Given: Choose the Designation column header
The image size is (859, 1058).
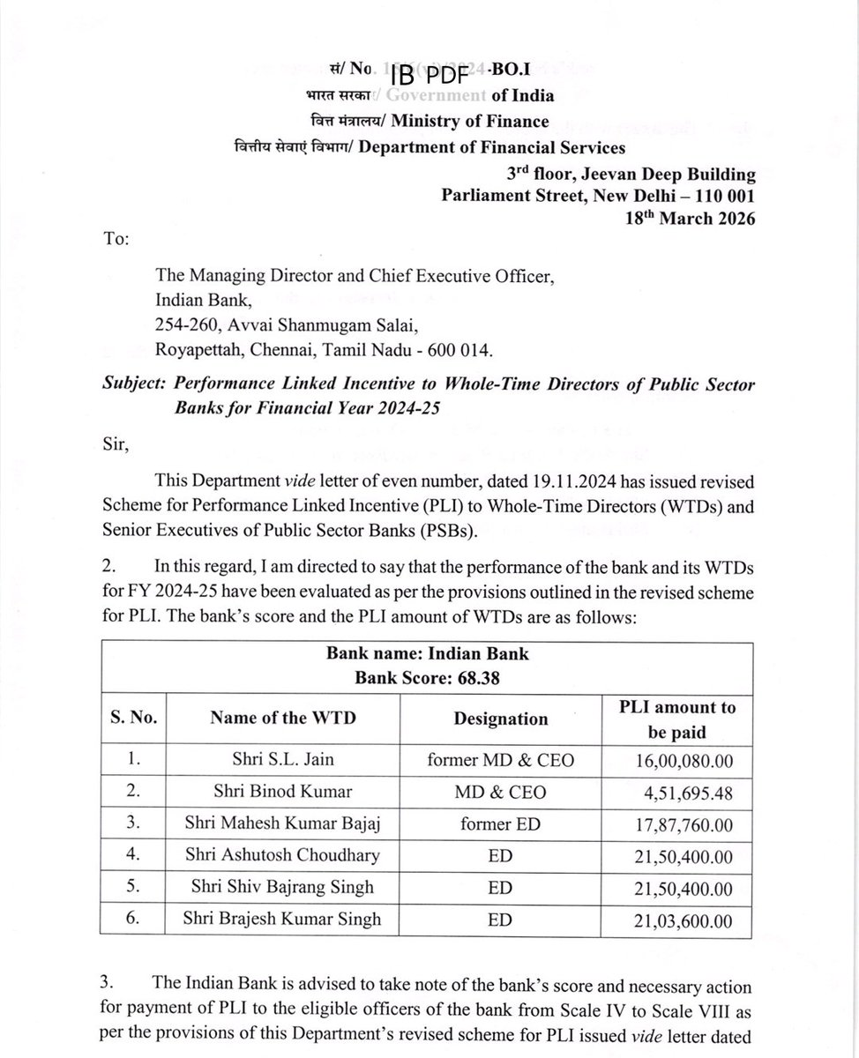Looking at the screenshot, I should click(500, 719).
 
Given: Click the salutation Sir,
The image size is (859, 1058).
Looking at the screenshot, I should click(116, 443).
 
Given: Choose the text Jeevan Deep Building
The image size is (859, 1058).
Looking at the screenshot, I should click(671, 174).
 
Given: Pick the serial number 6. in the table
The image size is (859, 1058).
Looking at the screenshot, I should click(133, 919).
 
